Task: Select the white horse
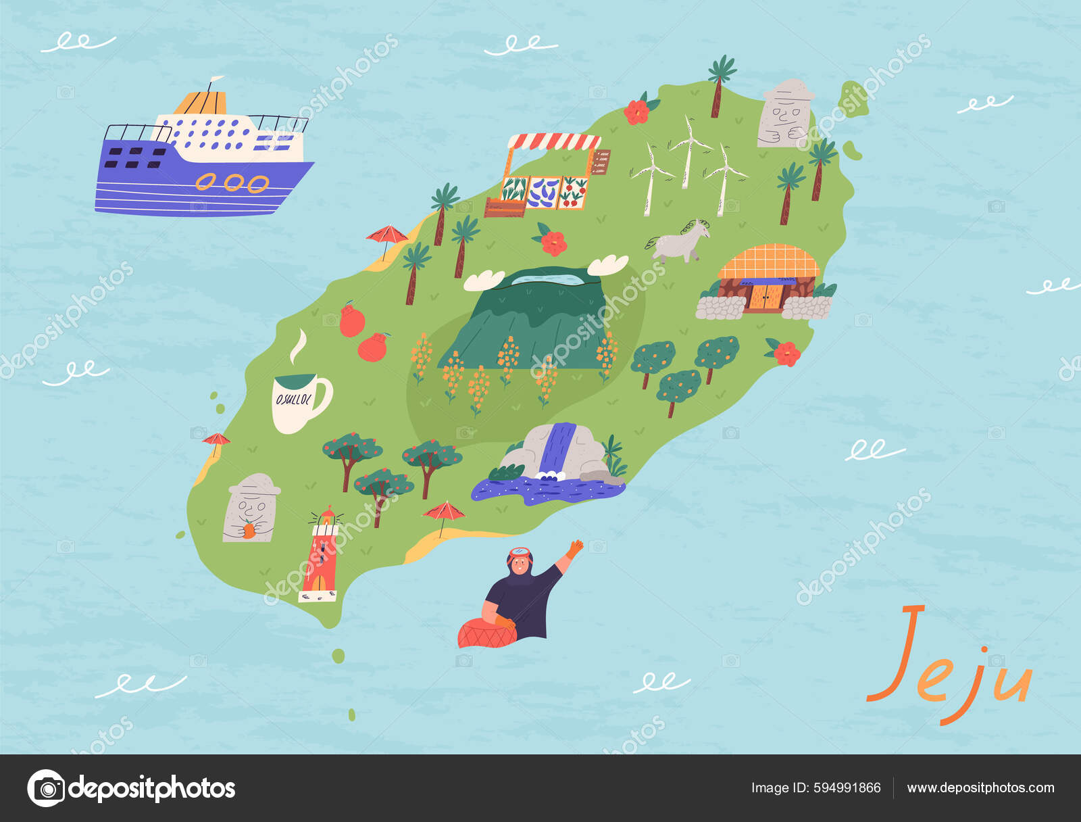tap(679, 242)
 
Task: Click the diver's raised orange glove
tap(574, 548)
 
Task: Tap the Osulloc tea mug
tap(299, 402)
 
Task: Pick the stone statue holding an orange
tap(250, 508)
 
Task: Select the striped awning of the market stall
tap(553, 141)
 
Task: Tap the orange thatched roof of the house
tap(769, 262)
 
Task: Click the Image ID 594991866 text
tap(815, 788)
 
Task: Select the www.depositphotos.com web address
tap(980, 788)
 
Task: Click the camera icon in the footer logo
tap(46, 788)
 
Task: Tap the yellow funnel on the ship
tap(200, 103)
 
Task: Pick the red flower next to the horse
tap(553, 242)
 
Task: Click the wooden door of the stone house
tap(766, 296)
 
